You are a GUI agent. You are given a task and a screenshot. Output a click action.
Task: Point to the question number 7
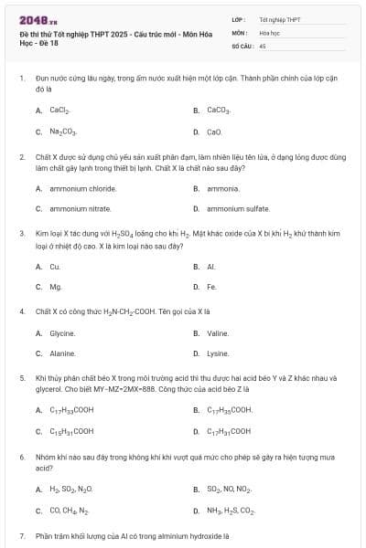pyautogui.click(x=22, y=536)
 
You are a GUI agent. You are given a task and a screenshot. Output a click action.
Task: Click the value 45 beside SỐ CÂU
pyautogui.click(x=263, y=45)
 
